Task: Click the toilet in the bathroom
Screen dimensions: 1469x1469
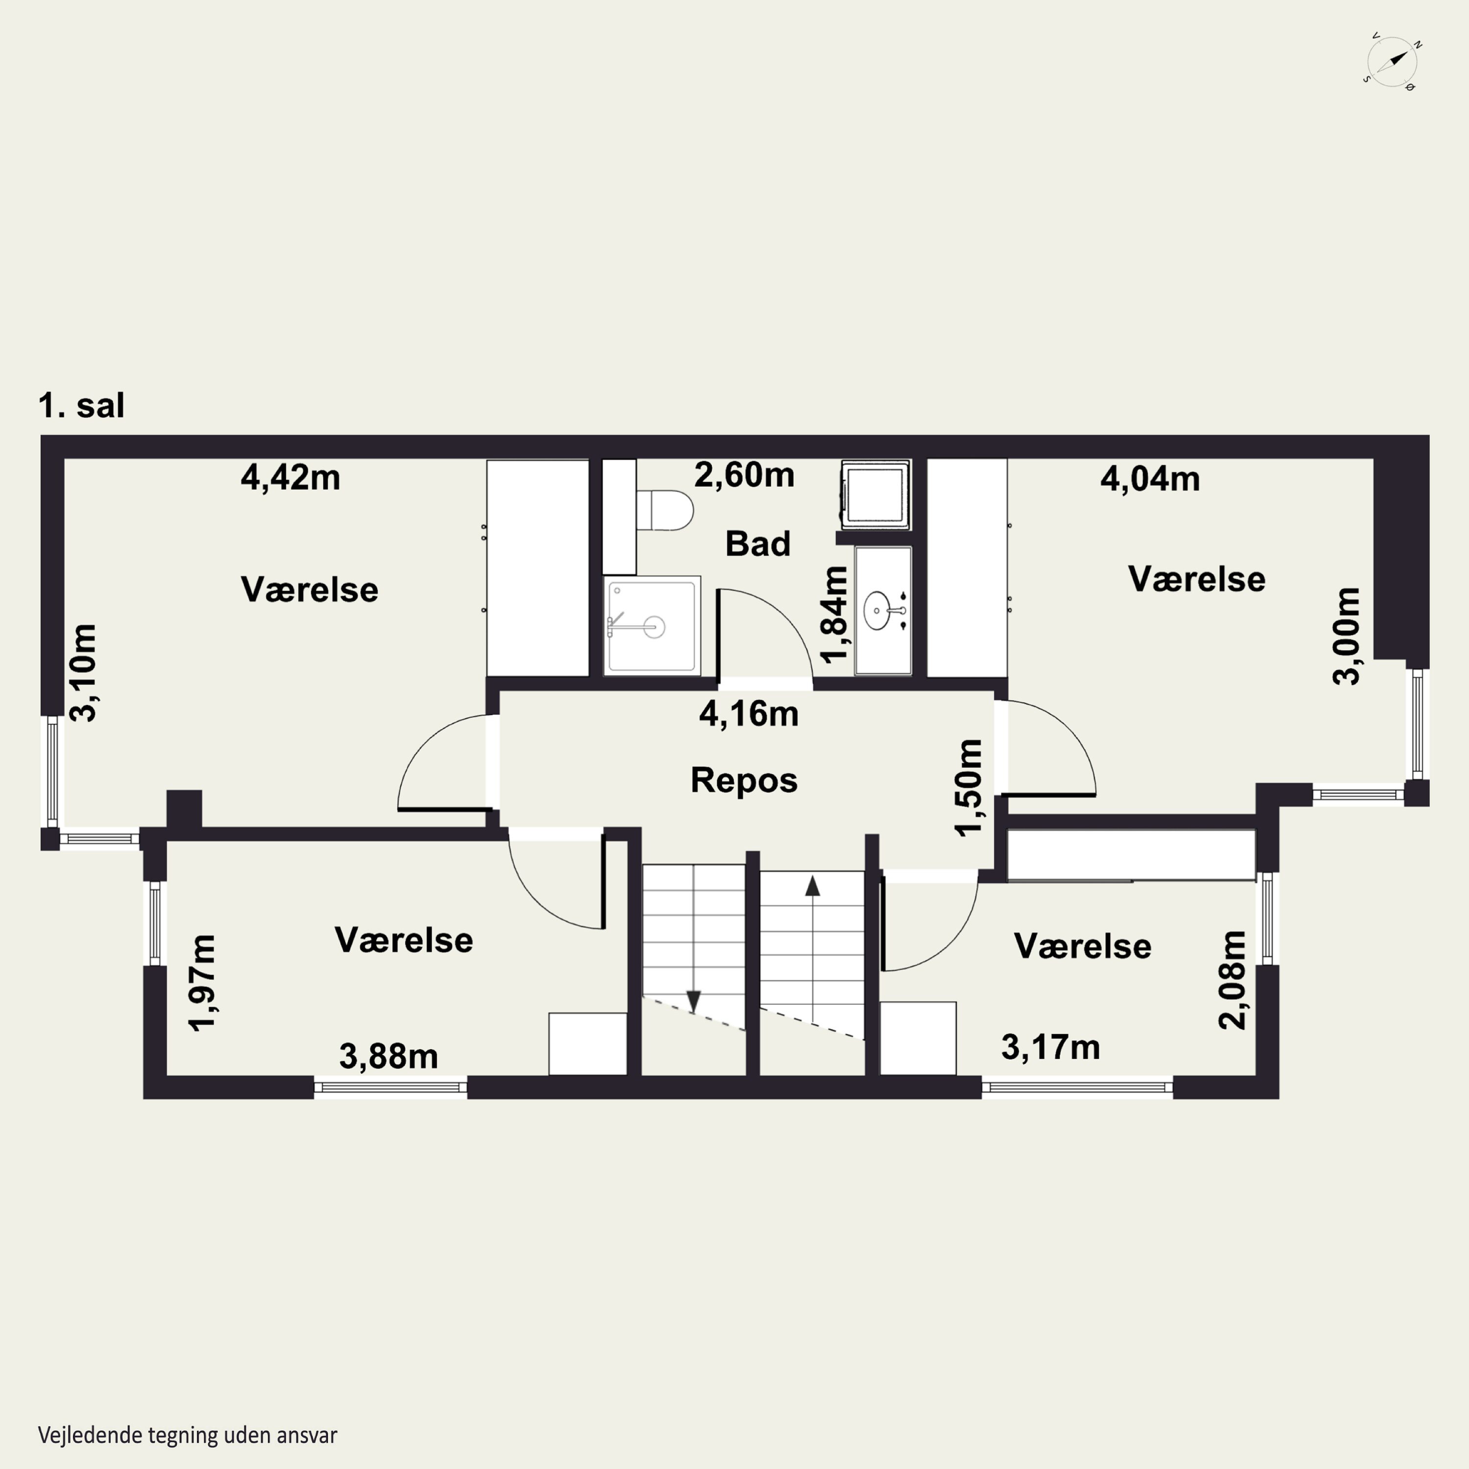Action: [x=664, y=509]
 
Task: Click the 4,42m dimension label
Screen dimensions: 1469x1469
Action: [x=290, y=477]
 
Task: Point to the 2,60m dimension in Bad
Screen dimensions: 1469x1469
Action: [x=744, y=475]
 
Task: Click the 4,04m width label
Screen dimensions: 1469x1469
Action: [x=1150, y=479]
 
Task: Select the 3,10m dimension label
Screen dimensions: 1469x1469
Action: [x=83, y=672]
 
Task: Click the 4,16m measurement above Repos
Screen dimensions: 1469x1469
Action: [x=749, y=714]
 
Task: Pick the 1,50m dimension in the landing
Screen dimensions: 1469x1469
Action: [x=969, y=788]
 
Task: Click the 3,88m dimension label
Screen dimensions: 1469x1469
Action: [x=388, y=1056]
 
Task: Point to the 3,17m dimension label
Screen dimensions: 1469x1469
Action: [x=1051, y=1047]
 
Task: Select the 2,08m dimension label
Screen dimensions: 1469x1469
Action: [x=1232, y=980]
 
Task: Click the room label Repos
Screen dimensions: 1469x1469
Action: [x=744, y=780]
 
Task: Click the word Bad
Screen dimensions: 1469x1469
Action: [x=758, y=544]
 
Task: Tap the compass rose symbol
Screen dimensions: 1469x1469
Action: [x=1392, y=62]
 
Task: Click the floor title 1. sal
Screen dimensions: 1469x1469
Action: [x=81, y=405]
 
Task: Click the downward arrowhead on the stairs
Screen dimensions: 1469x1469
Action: [x=693, y=1001]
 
